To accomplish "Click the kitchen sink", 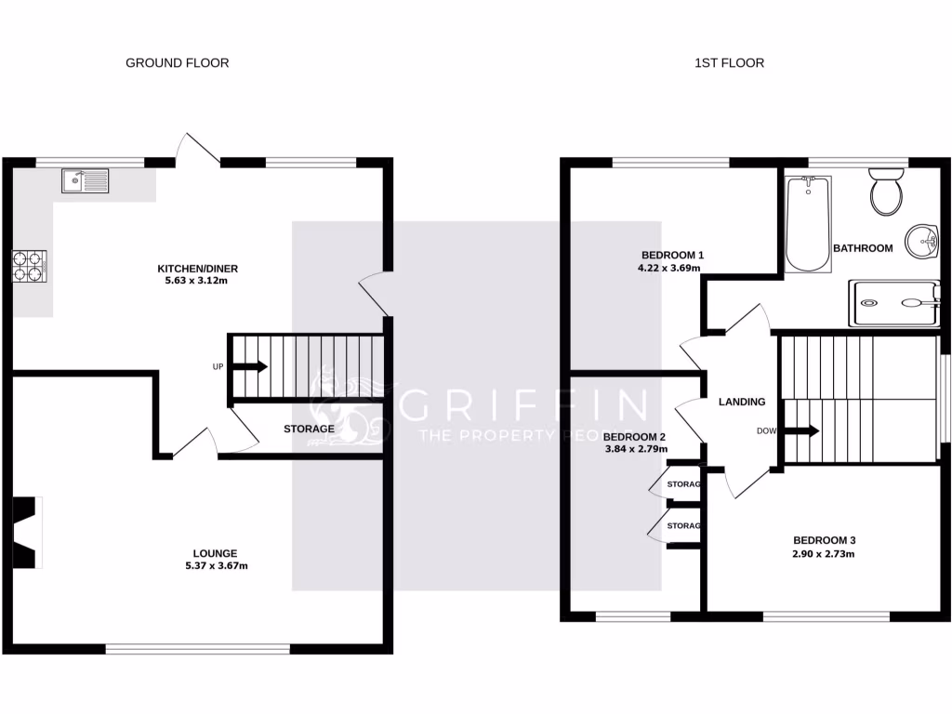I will click(x=85, y=180).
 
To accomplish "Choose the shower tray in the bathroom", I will click(x=893, y=302).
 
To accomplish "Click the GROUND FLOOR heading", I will click(x=177, y=63).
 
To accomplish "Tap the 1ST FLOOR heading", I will click(x=729, y=63).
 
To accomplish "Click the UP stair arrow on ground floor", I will click(x=248, y=366).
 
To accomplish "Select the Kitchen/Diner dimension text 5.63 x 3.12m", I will click(x=192, y=280).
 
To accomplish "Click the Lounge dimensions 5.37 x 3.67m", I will click(x=216, y=565).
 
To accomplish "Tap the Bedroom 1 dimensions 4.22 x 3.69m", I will click(x=668, y=269).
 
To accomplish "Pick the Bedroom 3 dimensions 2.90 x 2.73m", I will click(x=824, y=554).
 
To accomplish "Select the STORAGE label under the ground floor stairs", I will click(x=309, y=429).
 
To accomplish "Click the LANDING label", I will click(x=742, y=403).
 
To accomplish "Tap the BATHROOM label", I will click(x=862, y=248).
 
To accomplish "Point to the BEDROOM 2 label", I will click(x=635, y=436).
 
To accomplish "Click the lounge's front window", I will click(x=197, y=649).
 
